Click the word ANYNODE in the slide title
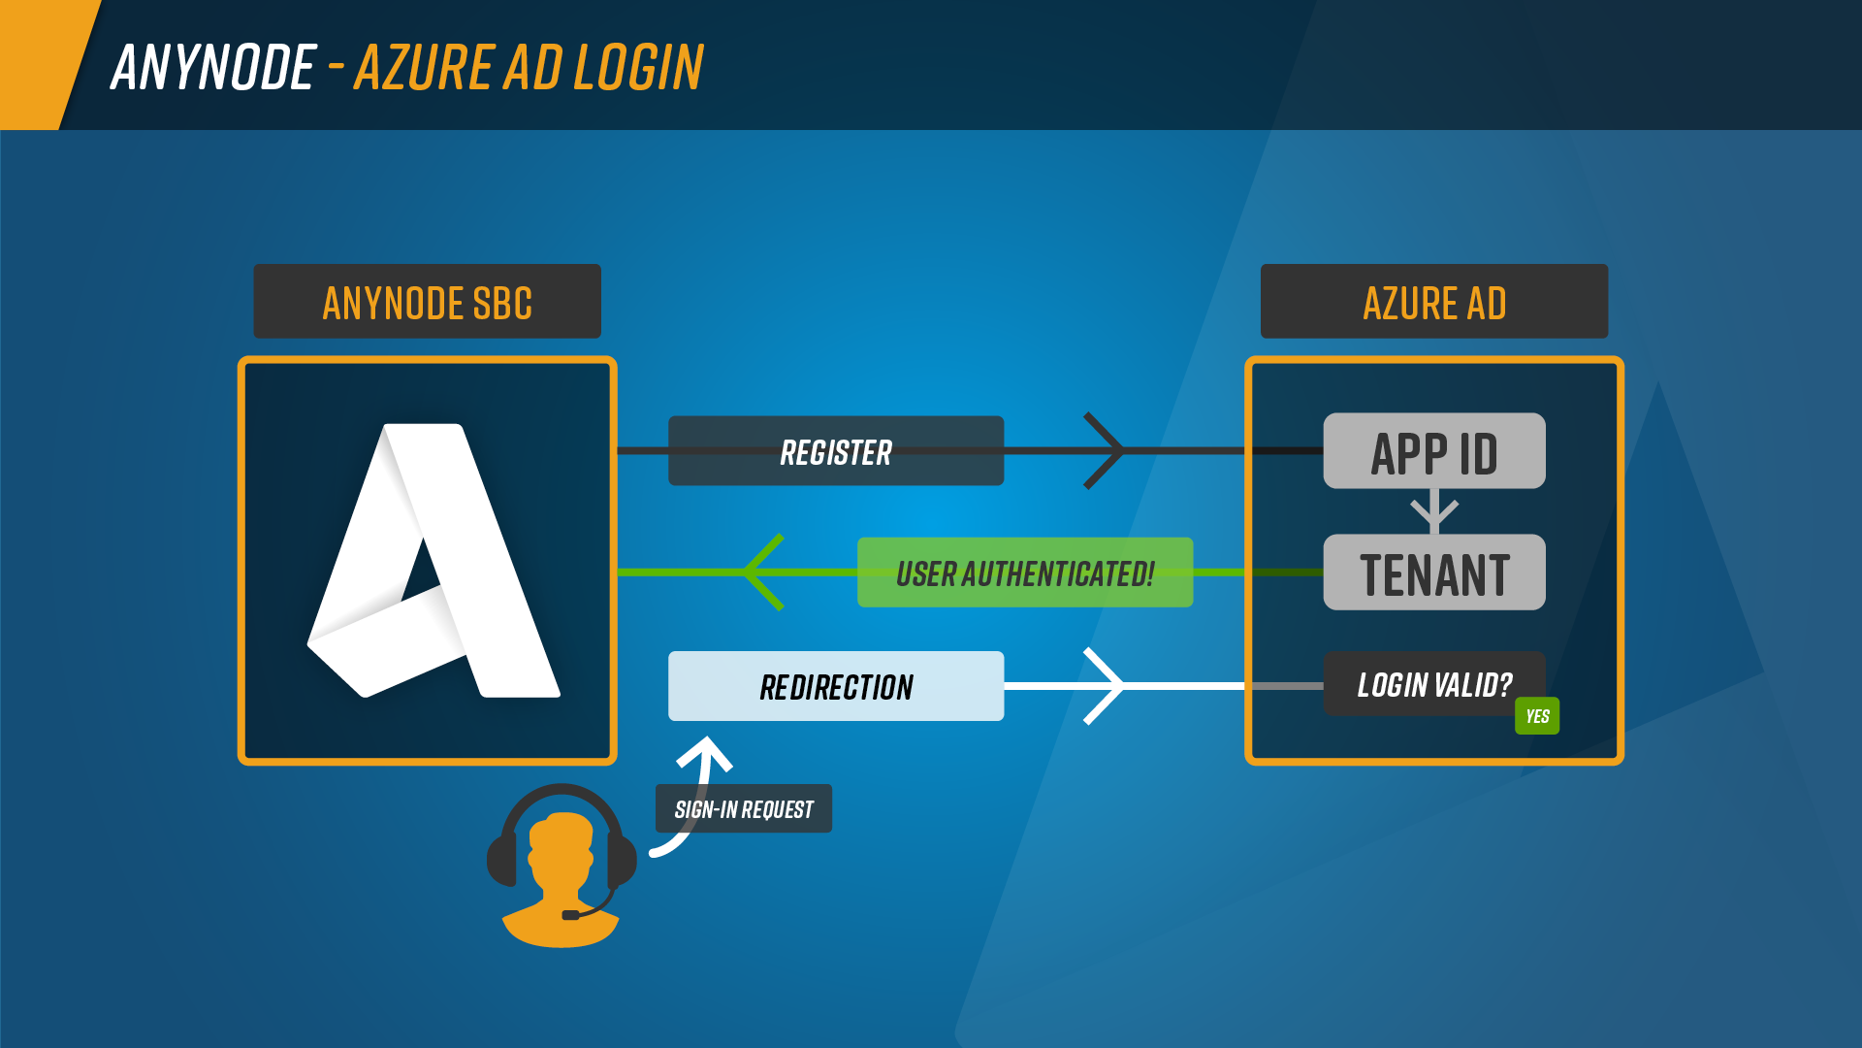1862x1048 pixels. click(x=213, y=67)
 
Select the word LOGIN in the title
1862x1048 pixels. click(x=638, y=67)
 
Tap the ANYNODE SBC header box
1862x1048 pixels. click(x=428, y=301)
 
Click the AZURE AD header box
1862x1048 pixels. click(x=1434, y=301)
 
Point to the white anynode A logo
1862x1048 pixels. click(x=433, y=561)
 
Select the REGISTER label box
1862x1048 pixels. click(x=836, y=451)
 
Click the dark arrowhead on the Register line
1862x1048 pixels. click(x=1104, y=451)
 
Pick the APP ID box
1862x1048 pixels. click(x=1434, y=451)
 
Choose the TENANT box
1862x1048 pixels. click(x=1434, y=573)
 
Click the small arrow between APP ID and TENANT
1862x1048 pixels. click(x=1434, y=510)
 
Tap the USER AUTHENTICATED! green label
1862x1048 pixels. click(x=1025, y=573)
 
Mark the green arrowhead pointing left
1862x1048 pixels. click(x=764, y=573)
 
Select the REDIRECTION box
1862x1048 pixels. click(x=836, y=686)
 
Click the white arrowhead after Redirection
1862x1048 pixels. click(x=1104, y=686)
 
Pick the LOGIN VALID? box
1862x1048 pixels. click(x=1434, y=684)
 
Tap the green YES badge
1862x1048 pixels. click(x=1537, y=716)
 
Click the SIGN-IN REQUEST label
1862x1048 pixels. click(x=744, y=808)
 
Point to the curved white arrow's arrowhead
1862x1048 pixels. click(x=705, y=753)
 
